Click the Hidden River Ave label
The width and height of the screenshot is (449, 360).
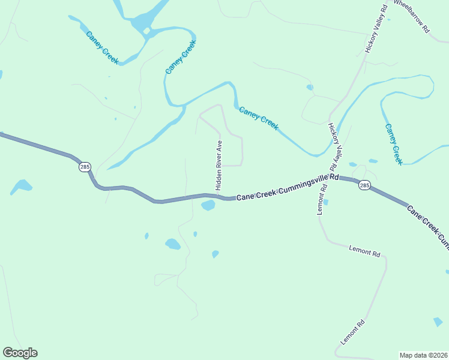tap(220, 162)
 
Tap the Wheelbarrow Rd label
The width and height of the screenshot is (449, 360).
tap(412, 16)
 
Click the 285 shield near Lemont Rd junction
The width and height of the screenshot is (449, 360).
tap(364, 185)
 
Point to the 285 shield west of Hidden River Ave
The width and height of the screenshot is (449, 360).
tap(84, 167)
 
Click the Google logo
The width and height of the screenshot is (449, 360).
tap(20, 353)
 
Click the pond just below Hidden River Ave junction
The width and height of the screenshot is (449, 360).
tap(208, 206)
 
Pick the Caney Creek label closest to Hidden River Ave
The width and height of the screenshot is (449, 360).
tap(259, 118)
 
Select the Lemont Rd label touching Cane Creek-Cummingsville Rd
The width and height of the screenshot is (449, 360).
tap(322, 199)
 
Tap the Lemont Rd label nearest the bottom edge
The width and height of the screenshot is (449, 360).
tap(353, 332)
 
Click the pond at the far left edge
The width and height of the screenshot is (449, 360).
tap(21, 186)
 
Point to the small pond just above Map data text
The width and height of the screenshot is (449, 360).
tap(438, 323)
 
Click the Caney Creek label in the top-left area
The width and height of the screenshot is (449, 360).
tap(103, 48)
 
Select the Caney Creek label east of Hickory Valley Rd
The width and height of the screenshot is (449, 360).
tap(393, 144)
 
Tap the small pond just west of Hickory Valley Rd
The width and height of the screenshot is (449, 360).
tap(310, 88)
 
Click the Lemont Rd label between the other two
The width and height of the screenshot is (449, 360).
tap(364, 251)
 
